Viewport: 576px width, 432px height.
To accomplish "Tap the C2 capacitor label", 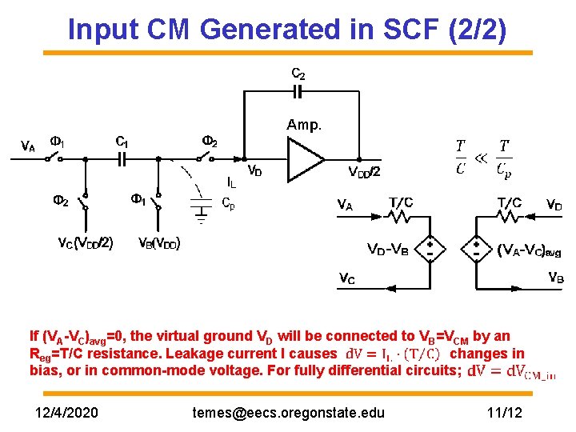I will (x=298, y=74).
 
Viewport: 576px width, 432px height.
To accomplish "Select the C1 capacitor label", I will (x=122, y=141).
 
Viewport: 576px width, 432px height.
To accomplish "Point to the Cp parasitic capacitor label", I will (x=228, y=202).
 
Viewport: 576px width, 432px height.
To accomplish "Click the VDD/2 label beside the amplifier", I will (x=365, y=172).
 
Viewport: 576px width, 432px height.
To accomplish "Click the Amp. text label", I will (x=304, y=125).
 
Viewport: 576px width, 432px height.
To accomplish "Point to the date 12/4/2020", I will (x=68, y=413).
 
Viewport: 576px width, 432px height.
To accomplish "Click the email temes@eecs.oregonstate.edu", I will (x=289, y=413).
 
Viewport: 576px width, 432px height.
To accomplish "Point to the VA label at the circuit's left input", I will (x=27, y=146).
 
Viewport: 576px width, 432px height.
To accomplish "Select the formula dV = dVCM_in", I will (x=511, y=371).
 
